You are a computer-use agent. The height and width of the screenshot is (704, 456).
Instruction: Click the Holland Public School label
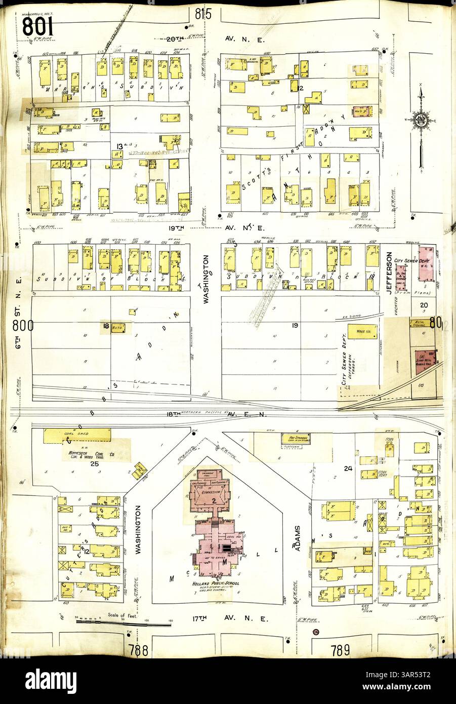point(213,583)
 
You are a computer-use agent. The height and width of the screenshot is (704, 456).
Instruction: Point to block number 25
point(94,463)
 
